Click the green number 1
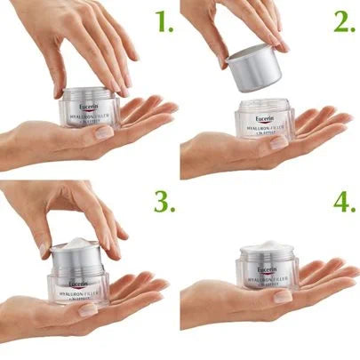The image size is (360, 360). (x=162, y=20)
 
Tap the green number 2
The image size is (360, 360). (x=344, y=20)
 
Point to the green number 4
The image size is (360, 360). (x=344, y=203)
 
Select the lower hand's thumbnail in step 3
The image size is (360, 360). (x=89, y=310)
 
